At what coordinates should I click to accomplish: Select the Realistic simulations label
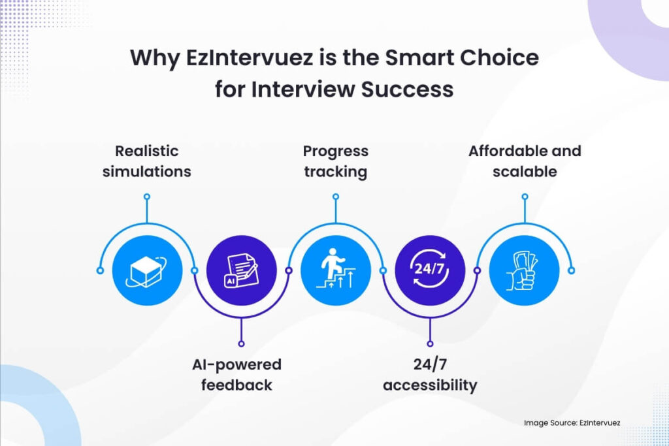[146, 161]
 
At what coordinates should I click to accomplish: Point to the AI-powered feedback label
[240, 374]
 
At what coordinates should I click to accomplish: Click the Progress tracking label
[335, 161]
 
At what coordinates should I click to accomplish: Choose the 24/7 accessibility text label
[430, 374]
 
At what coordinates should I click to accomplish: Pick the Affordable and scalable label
[525, 161]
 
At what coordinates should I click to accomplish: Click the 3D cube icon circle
[146, 270]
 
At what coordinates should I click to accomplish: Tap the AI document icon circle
[241, 270]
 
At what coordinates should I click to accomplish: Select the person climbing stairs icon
[335, 270]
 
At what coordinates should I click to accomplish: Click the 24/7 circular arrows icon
[430, 270]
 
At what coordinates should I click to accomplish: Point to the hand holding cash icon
[524, 270]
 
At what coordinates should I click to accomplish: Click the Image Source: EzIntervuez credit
[572, 423]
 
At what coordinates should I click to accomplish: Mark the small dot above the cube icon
[146, 196]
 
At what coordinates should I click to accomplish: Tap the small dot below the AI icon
[241, 343]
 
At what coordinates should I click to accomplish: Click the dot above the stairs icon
[335, 196]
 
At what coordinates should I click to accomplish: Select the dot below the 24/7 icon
[430, 343]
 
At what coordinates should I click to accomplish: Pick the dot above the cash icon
[525, 196]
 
